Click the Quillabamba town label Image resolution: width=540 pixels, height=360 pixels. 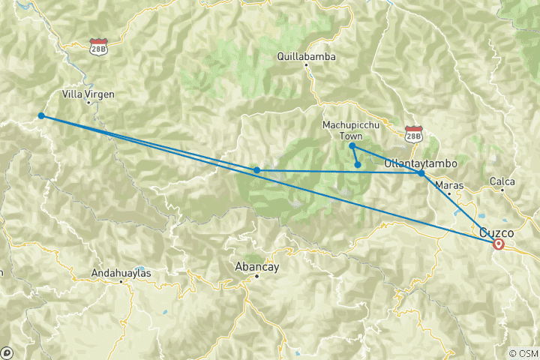(306, 56)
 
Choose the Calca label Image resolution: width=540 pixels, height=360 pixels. (502, 181)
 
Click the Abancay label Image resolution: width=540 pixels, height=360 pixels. (256, 265)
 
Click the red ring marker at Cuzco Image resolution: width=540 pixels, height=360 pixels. (498, 244)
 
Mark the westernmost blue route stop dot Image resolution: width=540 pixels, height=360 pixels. (41, 115)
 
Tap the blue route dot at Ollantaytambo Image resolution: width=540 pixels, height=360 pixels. (421, 173)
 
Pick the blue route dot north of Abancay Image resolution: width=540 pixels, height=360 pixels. (257, 170)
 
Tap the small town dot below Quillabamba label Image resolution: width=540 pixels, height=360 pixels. (306, 66)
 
